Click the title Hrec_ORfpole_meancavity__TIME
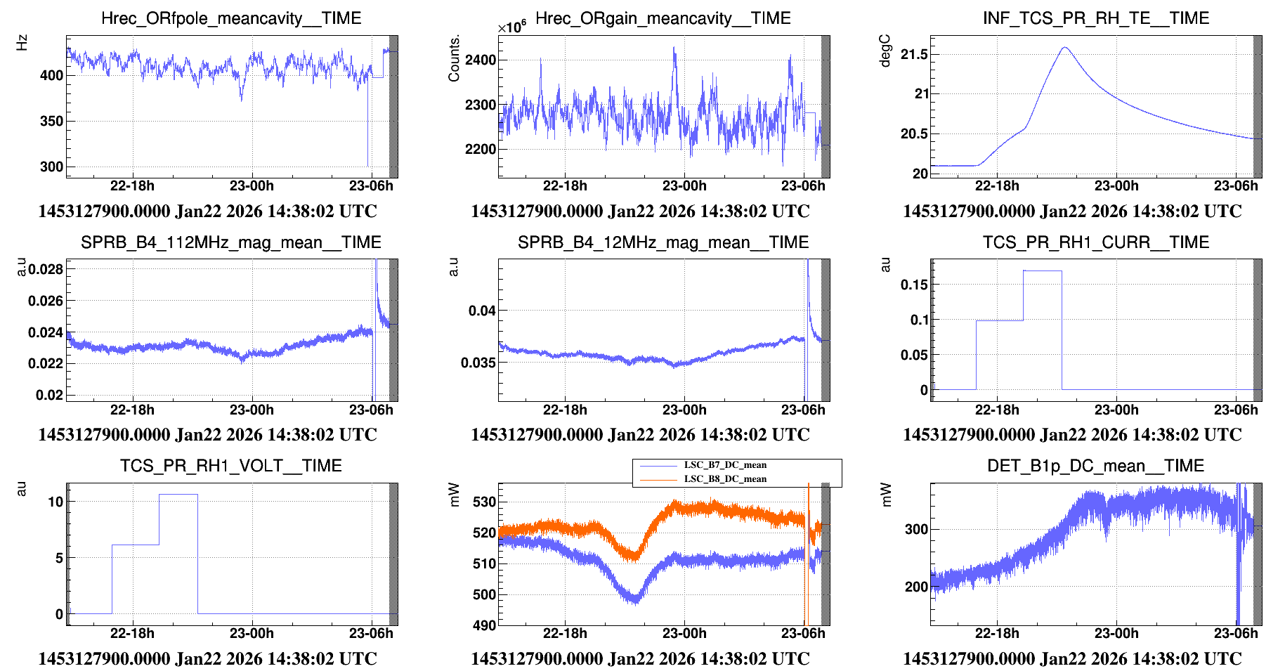point(231,18)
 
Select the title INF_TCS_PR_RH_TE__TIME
point(1095,18)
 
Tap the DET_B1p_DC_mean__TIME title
point(1095,466)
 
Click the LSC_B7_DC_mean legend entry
point(725,465)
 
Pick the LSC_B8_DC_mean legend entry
point(725,479)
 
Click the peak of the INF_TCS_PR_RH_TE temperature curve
point(1065,48)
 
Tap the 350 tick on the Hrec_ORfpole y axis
point(51,121)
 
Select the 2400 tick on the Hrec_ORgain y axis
point(481,60)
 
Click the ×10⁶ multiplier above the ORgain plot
point(511,27)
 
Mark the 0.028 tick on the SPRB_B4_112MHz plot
point(46,269)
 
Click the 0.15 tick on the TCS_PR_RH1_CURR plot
point(914,285)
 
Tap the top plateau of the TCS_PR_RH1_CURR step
point(1043,271)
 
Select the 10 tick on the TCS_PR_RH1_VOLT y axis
point(56,502)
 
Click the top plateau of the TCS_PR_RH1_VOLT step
point(178,495)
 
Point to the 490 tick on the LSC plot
point(484,625)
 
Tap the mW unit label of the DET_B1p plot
point(886,495)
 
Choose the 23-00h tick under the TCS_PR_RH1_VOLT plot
point(252,633)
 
